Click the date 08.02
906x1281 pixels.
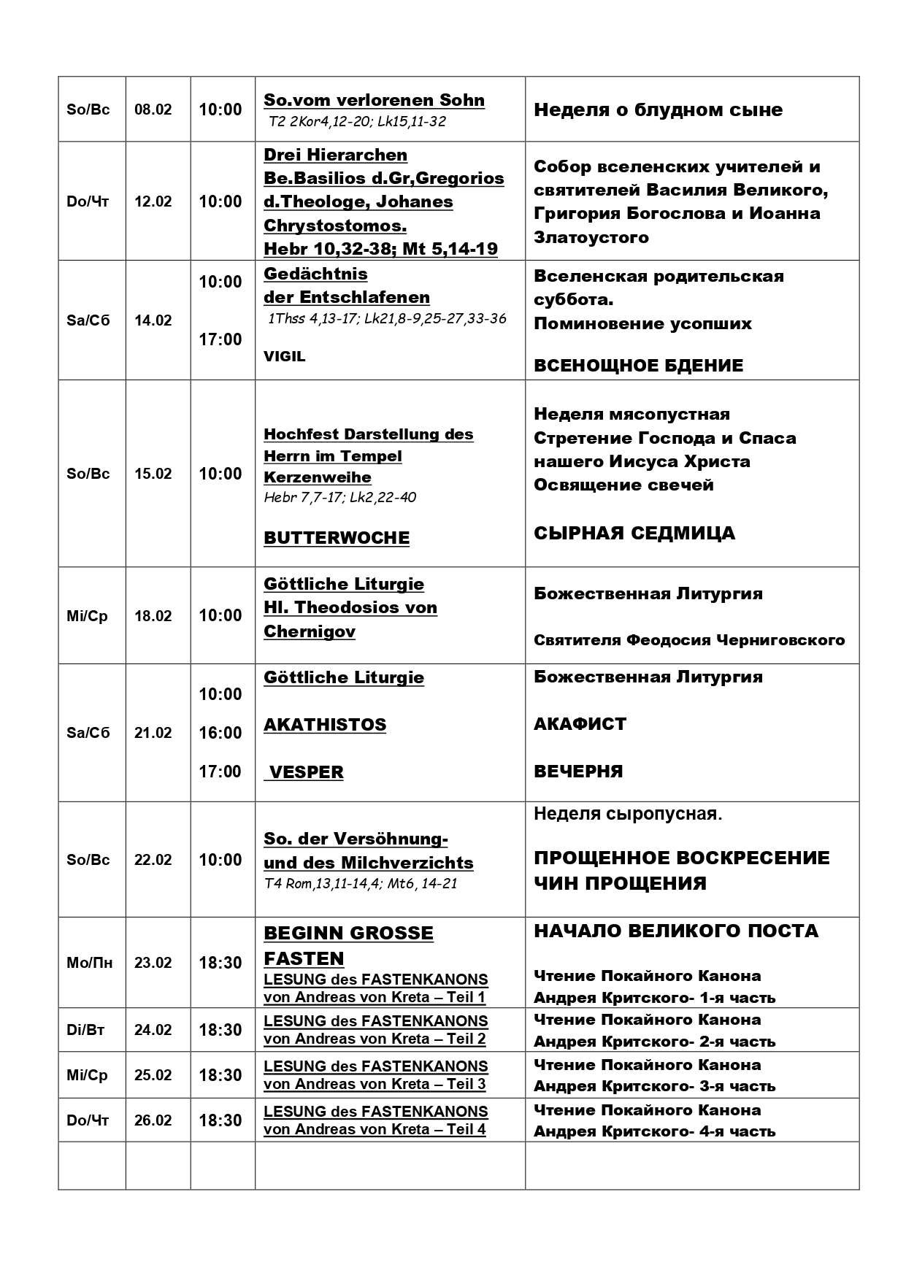point(153,109)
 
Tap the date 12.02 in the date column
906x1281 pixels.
point(153,201)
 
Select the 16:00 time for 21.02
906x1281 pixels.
point(220,733)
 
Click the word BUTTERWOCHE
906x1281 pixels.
point(337,538)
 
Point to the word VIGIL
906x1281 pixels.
point(285,356)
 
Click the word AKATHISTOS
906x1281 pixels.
point(325,725)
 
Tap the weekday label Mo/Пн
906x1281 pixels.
point(89,963)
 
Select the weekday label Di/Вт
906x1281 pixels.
point(85,1030)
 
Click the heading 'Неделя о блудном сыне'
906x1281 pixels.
point(658,110)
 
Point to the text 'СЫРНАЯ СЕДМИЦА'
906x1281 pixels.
point(634,534)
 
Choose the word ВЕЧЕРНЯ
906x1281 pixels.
point(578,772)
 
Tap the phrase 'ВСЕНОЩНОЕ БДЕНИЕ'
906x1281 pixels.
point(638,366)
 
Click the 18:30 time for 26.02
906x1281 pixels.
point(220,1120)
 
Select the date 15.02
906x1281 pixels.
point(153,474)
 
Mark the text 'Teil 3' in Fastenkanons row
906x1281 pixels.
point(466,1084)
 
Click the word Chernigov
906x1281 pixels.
point(310,631)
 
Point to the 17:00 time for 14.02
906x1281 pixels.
point(220,339)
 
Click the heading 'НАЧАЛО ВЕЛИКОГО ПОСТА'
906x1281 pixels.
point(676,931)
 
